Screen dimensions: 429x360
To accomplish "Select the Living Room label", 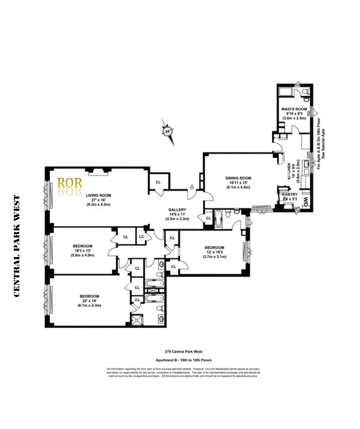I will [x=98, y=195].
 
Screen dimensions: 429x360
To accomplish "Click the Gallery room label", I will [x=177, y=210].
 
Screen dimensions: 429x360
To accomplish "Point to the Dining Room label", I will [x=238, y=178].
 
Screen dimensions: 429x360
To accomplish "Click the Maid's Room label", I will [x=294, y=109].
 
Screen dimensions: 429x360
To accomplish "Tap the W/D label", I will [x=306, y=202].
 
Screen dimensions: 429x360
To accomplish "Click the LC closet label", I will [x=141, y=237].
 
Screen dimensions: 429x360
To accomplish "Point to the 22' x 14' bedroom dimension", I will [x=89, y=301].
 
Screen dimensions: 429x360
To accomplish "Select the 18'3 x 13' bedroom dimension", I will [x=82, y=251].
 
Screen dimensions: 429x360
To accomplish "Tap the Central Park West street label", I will [x=17, y=246].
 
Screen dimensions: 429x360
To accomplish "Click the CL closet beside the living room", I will [x=158, y=182].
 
